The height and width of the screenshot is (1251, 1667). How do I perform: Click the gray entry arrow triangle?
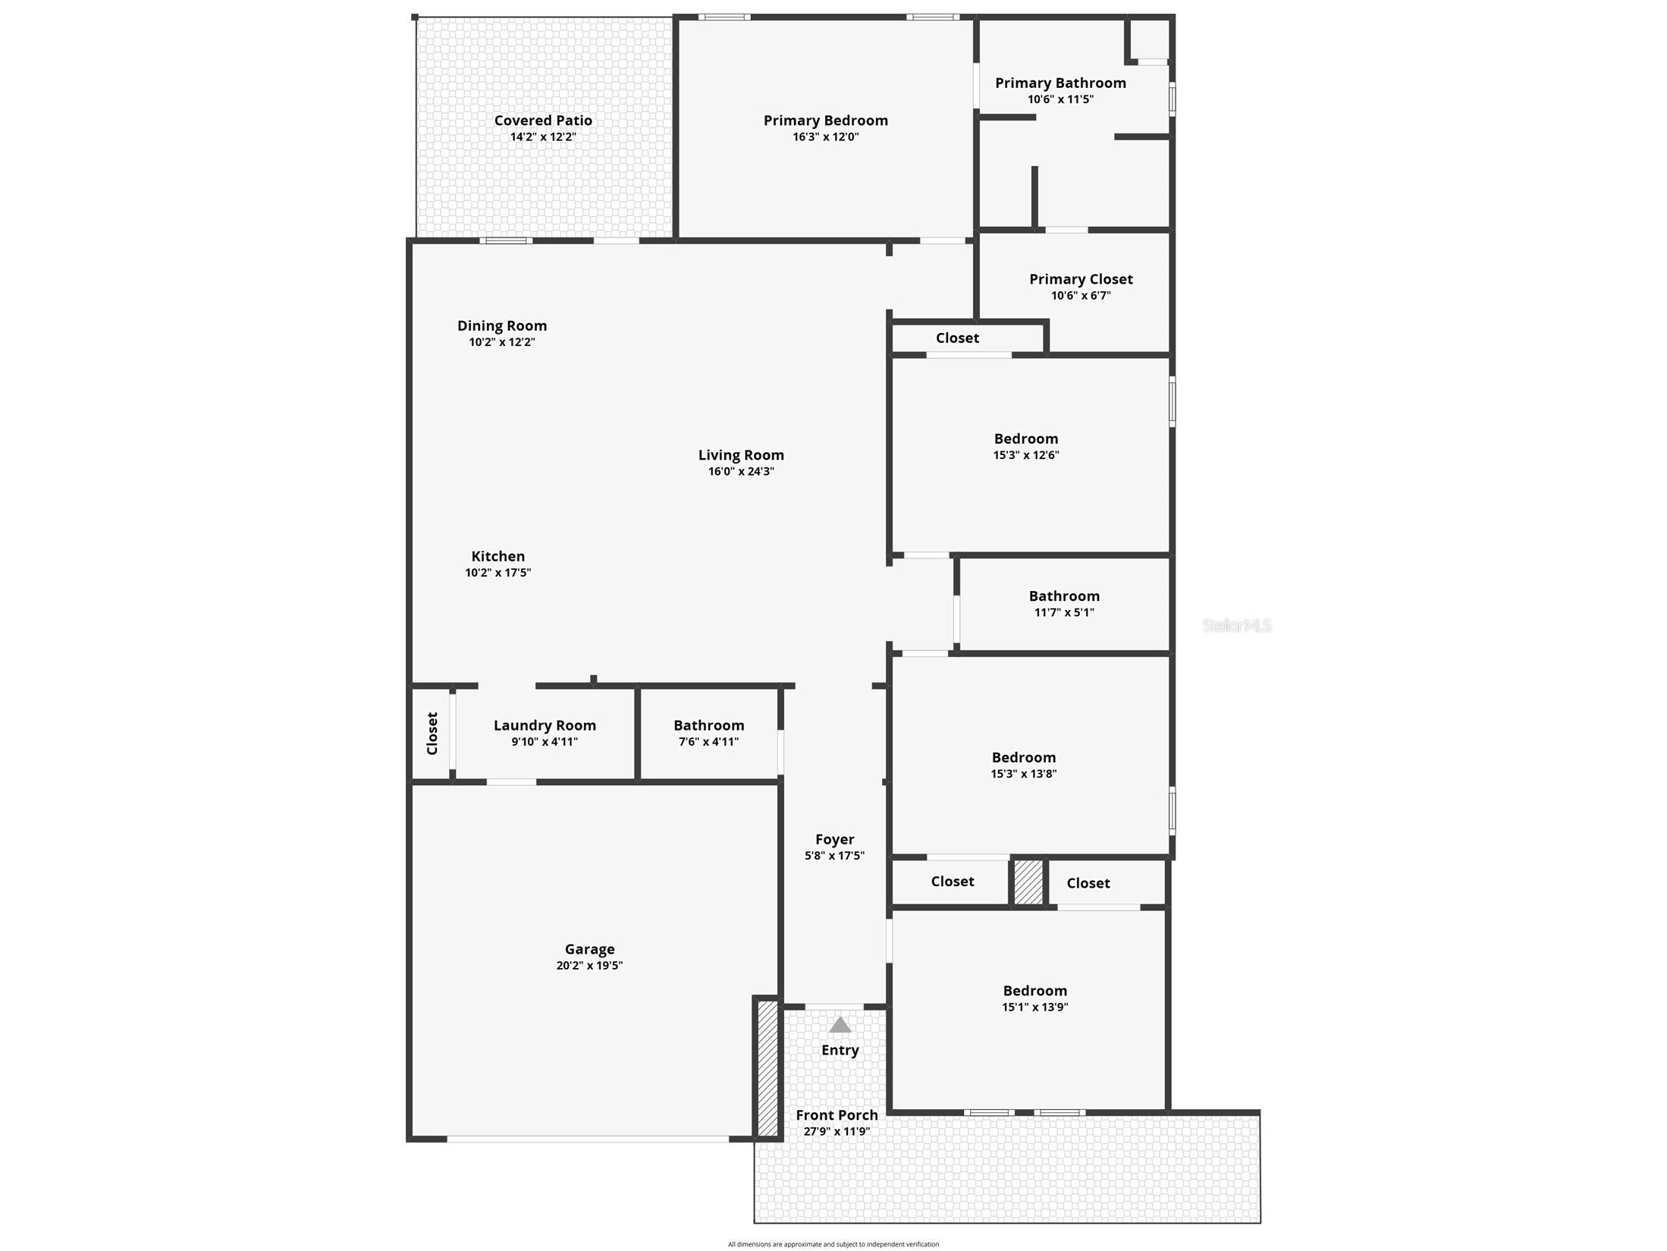pyautogui.click(x=840, y=1025)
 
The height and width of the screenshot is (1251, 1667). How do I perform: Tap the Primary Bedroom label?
pyautogui.click(x=825, y=121)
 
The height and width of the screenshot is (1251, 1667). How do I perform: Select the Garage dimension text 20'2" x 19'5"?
pyautogui.click(x=589, y=966)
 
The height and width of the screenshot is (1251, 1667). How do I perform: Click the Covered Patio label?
pyautogui.click(x=543, y=121)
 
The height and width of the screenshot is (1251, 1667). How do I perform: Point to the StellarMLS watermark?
pyautogui.click(x=1237, y=626)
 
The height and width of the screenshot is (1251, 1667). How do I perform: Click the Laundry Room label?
pyautogui.click(x=545, y=725)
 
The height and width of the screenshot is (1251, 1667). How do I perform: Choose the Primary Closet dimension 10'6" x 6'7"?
pyautogui.click(x=1081, y=296)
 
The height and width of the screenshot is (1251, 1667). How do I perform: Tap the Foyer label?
pyautogui.click(x=834, y=839)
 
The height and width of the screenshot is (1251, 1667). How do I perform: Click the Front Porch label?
pyautogui.click(x=837, y=1115)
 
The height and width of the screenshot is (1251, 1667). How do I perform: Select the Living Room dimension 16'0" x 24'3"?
pyautogui.click(x=741, y=472)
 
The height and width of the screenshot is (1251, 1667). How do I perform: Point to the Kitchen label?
pyautogui.click(x=498, y=556)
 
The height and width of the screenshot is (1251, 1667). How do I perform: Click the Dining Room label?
pyautogui.click(x=501, y=325)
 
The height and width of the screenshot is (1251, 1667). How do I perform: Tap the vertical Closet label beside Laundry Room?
pyautogui.click(x=432, y=733)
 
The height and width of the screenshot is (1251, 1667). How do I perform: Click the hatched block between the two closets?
pyautogui.click(x=1028, y=882)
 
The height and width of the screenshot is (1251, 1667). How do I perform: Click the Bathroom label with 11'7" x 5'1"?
pyautogui.click(x=1064, y=596)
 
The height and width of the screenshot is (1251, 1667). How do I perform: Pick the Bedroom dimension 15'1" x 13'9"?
pyautogui.click(x=1034, y=1007)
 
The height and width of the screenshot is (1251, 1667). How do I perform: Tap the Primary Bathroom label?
pyautogui.click(x=1060, y=83)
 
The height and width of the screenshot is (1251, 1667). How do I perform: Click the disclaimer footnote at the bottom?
pyautogui.click(x=833, y=1244)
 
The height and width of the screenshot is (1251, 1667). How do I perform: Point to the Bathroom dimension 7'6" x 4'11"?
pyautogui.click(x=708, y=742)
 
